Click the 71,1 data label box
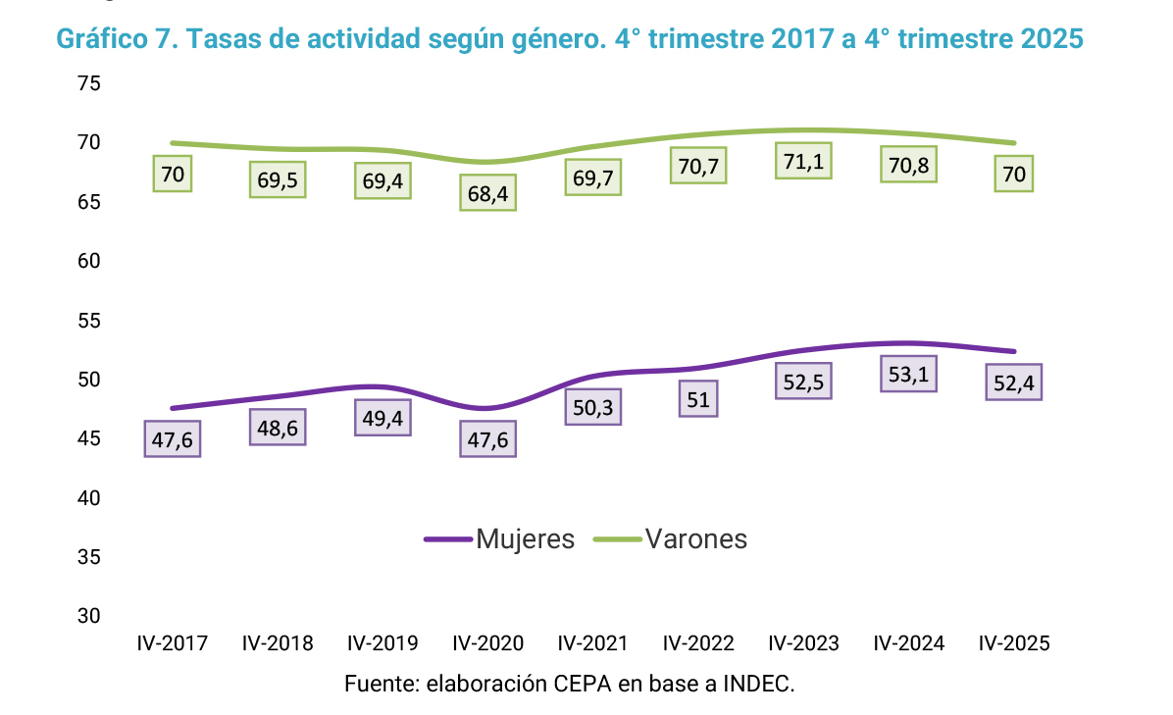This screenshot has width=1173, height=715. tap(803, 161)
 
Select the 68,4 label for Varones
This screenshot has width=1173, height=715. tap(487, 193)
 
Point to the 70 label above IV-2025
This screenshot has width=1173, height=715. tap(1014, 174)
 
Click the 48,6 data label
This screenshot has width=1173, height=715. tap(278, 428)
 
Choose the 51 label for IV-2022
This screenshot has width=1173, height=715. tap(697, 398)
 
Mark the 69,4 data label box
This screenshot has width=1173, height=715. tap(382, 181)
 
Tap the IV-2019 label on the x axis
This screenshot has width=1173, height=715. tap(382, 643)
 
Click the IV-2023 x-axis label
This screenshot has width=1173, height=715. tap(803, 643)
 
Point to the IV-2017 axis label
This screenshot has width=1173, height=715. tap(172, 643)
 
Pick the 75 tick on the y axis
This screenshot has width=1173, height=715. tap(89, 84)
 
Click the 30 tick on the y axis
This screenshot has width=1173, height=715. tap(89, 616)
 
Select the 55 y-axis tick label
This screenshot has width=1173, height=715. tap(89, 321)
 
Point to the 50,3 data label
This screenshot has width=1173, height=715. tap(592, 407)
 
